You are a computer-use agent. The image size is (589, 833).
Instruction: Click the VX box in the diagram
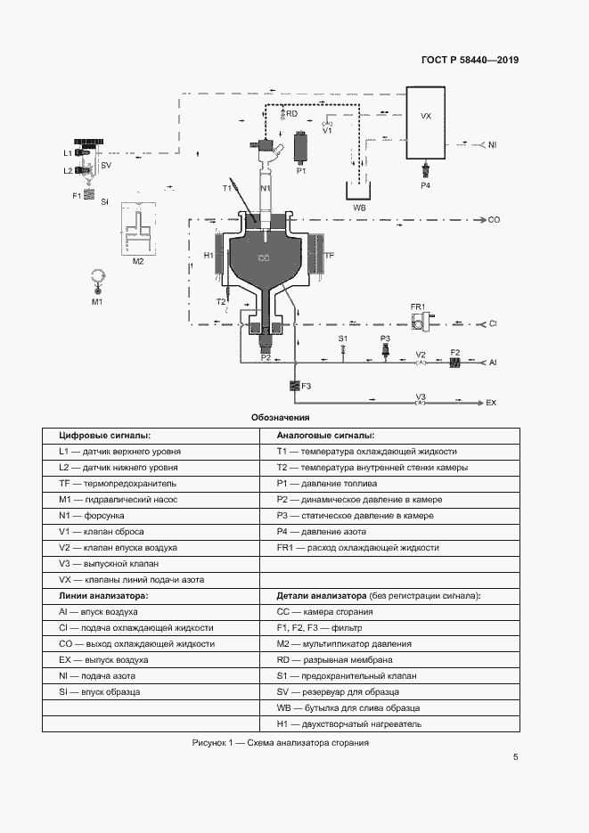point(426,123)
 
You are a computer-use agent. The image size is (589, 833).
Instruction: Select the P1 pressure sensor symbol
point(301,147)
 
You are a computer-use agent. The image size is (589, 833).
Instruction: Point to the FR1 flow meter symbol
point(421,322)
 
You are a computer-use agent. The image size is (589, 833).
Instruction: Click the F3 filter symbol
point(295,386)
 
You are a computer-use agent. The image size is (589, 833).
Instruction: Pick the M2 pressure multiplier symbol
point(138,228)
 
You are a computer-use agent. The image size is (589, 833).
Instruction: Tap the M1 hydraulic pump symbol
point(97,280)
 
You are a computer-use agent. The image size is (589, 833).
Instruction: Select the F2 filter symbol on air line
point(454,362)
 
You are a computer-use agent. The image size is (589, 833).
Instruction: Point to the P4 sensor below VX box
point(425,170)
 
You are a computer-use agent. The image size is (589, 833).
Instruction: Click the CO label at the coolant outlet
point(494,219)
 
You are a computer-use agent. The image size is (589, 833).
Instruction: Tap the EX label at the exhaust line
point(491,403)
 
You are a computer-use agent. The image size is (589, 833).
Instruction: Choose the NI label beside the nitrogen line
point(493,144)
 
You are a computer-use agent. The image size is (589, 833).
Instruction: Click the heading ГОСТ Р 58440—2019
point(470,60)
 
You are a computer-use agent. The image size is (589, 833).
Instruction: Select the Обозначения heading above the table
point(281,418)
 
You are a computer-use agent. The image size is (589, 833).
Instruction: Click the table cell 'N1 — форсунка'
point(92,515)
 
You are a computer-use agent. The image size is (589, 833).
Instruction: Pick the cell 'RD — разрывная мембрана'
point(335,660)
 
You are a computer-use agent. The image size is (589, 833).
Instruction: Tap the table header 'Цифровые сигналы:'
point(104,435)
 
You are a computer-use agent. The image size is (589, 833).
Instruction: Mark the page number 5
point(516,757)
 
